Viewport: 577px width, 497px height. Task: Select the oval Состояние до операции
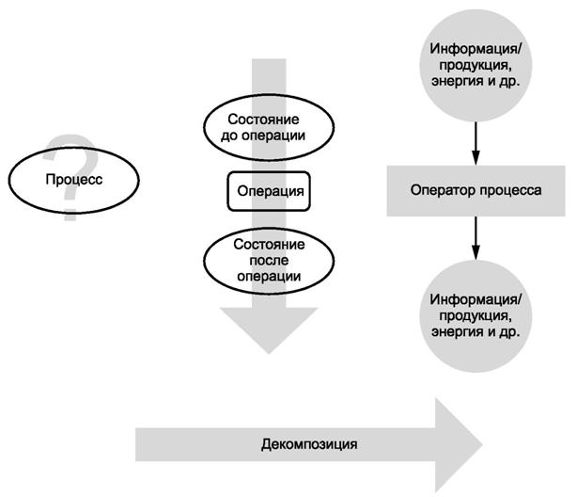tap(269, 128)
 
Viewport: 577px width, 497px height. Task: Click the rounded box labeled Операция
tap(270, 191)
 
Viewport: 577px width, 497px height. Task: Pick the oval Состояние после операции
tap(269, 260)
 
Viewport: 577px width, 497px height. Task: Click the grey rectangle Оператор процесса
tap(476, 189)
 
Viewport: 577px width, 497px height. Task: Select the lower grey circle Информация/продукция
tap(476, 316)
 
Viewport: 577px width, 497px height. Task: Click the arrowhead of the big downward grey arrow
tap(269, 329)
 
